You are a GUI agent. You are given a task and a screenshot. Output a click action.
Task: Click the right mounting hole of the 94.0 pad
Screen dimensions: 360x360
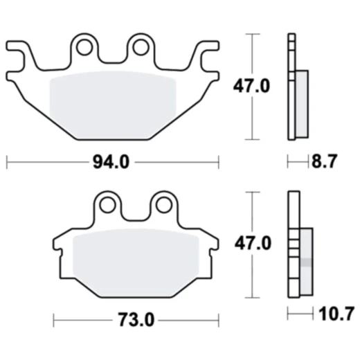coord(140,47)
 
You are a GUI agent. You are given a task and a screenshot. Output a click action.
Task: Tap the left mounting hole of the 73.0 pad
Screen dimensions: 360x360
coord(107,204)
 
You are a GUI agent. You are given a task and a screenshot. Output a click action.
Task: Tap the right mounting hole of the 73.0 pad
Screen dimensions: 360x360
coord(162,204)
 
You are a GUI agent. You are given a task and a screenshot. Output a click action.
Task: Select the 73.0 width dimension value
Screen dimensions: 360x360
coord(135,322)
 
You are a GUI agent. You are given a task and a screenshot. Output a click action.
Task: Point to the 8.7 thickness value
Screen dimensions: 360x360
coord(323,162)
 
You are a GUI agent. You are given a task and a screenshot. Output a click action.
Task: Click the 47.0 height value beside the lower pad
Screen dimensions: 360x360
coord(253,244)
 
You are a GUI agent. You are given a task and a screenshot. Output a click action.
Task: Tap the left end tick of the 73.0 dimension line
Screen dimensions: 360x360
coord(53,322)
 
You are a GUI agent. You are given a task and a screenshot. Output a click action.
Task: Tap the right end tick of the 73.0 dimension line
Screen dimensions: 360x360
coord(217,322)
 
